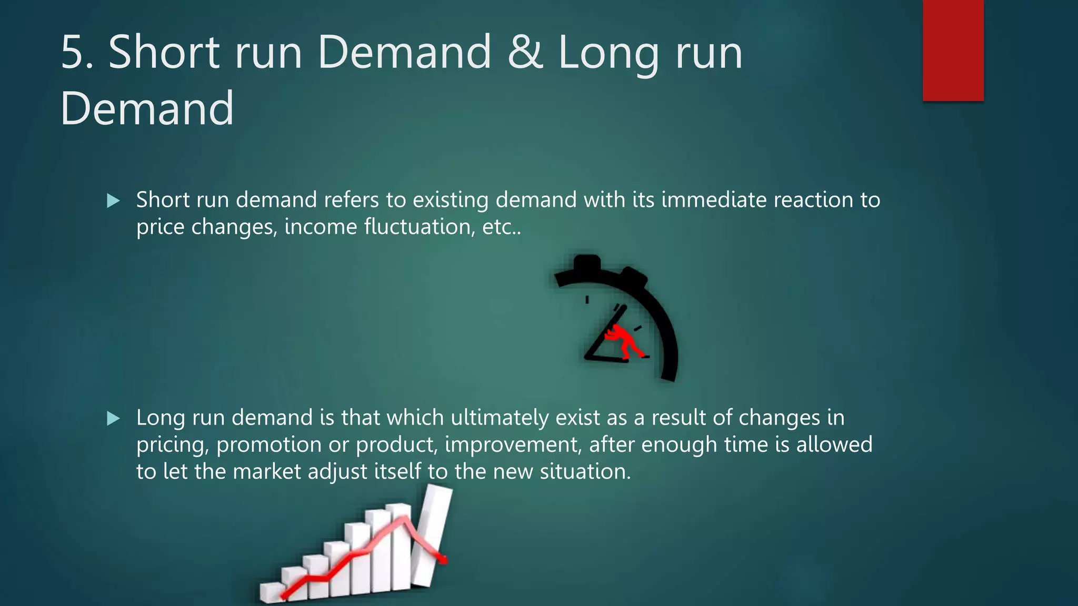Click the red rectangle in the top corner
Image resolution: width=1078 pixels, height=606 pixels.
click(953, 50)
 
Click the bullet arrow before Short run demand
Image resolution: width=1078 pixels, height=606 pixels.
click(113, 200)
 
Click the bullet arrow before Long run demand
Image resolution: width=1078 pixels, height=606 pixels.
click(113, 419)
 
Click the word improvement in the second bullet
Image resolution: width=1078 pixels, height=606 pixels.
click(513, 445)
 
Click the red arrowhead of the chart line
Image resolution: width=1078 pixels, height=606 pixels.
click(443, 560)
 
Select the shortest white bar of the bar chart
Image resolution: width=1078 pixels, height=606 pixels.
click(270, 592)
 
